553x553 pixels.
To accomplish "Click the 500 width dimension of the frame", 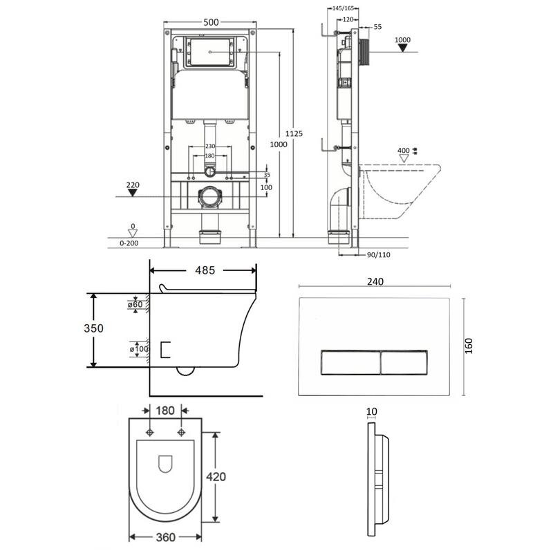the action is tap(211, 22).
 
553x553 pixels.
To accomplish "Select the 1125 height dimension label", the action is tap(294, 133).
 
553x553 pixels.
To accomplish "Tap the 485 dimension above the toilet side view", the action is tap(205, 270).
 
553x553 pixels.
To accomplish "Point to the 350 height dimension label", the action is tap(93, 328).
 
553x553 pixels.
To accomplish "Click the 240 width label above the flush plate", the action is tap(375, 281).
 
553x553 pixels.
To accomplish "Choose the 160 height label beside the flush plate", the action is tap(469, 346).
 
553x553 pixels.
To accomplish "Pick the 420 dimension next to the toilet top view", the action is tap(216, 477).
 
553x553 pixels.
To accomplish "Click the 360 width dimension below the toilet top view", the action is tap(165, 537).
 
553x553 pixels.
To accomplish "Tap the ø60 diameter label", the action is tap(135, 304).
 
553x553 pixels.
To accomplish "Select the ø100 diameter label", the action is tap(139, 349).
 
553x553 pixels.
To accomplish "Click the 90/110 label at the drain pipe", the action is tap(378, 255).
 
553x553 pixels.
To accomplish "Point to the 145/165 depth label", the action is tap(343, 8).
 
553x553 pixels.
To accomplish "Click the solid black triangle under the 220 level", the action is tap(132, 193).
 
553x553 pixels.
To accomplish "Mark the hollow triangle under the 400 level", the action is tap(404, 158).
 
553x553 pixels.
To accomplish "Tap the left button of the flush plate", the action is tap(350, 362).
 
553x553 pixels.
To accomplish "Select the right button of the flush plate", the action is tap(404, 362).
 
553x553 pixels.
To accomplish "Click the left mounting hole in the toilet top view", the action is tap(150, 433).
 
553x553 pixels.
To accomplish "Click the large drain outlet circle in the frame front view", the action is tap(210, 197).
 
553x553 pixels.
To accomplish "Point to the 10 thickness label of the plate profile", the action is tap(372, 411).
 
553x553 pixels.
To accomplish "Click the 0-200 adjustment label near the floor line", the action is tap(129, 243).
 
